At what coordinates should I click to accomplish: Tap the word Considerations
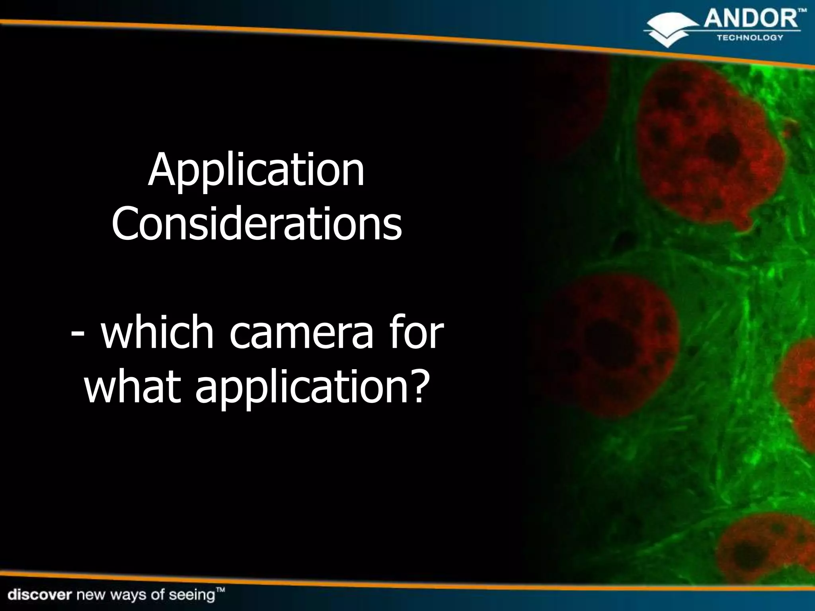[257, 224]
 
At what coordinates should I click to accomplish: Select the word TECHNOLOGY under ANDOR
[750, 38]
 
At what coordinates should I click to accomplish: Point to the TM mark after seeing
[220, 590]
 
